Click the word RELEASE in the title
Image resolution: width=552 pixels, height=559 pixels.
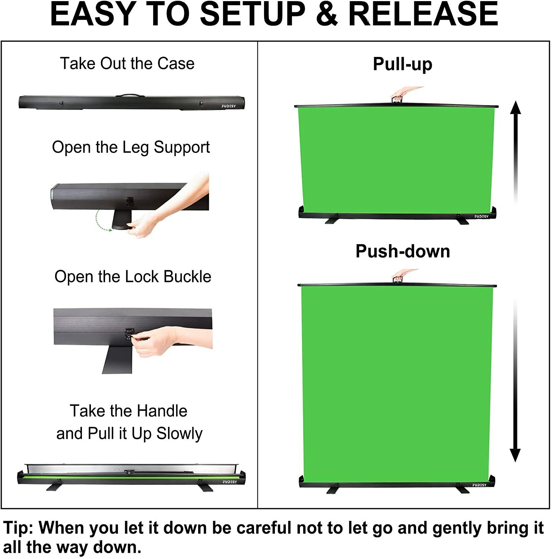pos(424,14)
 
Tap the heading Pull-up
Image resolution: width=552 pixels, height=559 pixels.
pos(403,64)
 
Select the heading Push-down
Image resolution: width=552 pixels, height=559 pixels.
pos(403,251)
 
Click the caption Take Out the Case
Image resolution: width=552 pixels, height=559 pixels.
pos(127,63)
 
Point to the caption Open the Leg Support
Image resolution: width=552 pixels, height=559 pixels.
pos(131,148)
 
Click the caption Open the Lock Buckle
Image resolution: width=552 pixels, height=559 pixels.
pos(133,277)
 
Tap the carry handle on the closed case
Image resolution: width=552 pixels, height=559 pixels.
pos(130,95)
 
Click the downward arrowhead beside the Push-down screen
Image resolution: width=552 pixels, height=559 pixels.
pos(515,455)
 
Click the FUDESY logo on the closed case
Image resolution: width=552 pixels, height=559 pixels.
pos(229,106)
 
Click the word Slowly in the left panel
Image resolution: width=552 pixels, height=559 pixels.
pos(180,433)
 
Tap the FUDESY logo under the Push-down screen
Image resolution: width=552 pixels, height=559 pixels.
pos(479,485)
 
